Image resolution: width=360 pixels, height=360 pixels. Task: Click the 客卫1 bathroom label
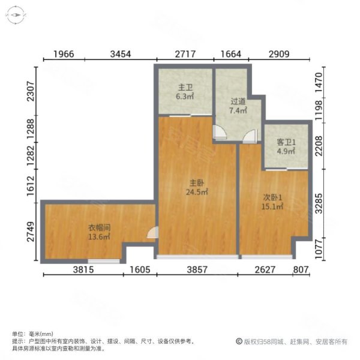(x=286, y=142)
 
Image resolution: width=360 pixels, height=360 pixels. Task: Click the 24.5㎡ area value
(x=197, y=193)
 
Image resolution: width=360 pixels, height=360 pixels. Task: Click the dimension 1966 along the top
(x=64, y=54)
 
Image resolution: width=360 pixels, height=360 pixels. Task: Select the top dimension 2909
(x=279, y=54)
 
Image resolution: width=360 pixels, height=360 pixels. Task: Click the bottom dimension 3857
(x=197, y=269)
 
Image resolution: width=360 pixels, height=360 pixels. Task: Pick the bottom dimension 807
(x=302, y=269)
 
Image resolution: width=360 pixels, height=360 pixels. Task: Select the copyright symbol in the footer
(x=239, y=341)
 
